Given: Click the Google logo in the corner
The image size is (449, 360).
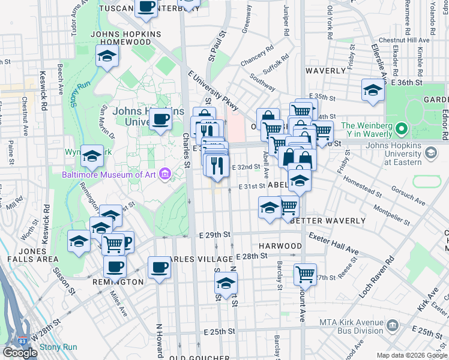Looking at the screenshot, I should (20, 353).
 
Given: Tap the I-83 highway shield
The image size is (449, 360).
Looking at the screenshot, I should (22, 340).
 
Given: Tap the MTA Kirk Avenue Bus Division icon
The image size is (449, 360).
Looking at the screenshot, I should (393, 326).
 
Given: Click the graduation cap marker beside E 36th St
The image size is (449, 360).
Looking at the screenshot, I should (373, 90).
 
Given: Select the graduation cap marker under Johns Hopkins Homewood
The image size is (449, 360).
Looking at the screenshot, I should (107, 56).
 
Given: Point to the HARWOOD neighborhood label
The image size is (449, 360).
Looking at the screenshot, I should (280, 246).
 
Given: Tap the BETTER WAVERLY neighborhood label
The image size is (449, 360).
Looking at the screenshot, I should (328, 221).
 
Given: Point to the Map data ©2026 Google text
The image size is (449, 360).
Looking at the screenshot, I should (412, 355).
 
